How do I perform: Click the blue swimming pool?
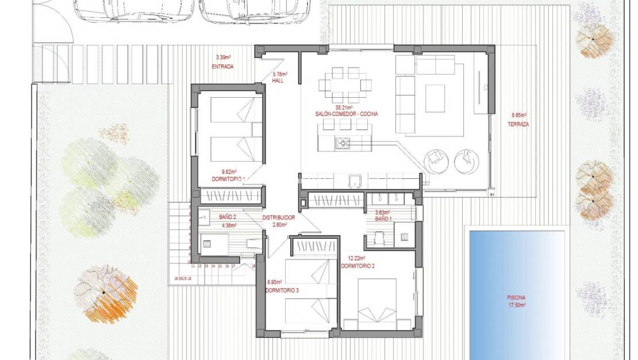[x=517, y=270]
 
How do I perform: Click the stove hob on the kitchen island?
[x=344, y=142]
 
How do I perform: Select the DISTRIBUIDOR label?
[x=279, y=218]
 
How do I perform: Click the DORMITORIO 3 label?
[x=282, y=290]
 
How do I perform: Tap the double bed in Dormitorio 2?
[x=376, y=304]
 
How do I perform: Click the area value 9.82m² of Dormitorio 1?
[x=230, y=171]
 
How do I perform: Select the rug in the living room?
[x=435, y=98]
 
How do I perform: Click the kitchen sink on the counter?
[x=355, y=182]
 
